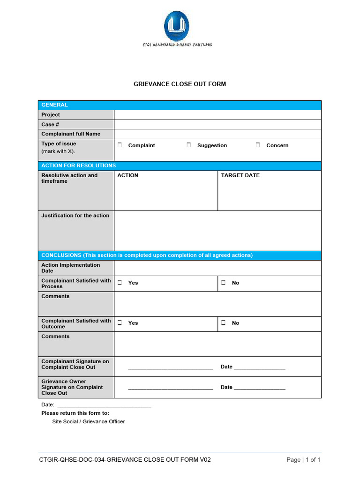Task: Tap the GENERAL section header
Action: pos(55,105)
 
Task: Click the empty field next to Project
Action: pos(217,115)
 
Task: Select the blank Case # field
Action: pos(217,125)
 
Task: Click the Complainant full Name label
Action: pos(71,134)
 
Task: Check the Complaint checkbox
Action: pos(120,145)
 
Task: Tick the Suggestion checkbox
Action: pos(188,145)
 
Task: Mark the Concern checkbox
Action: pos(258,145)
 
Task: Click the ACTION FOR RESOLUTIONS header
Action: pos(78,165)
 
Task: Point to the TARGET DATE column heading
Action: pos(240,175)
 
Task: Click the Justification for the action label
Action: pos(75,216)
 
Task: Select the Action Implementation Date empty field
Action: pos(217,268)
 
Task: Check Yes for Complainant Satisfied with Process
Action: pos(120,283)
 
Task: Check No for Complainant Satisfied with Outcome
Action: pos(224,322)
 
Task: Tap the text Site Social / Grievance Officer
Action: pos(89,421)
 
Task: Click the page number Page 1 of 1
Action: pos(303,460)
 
